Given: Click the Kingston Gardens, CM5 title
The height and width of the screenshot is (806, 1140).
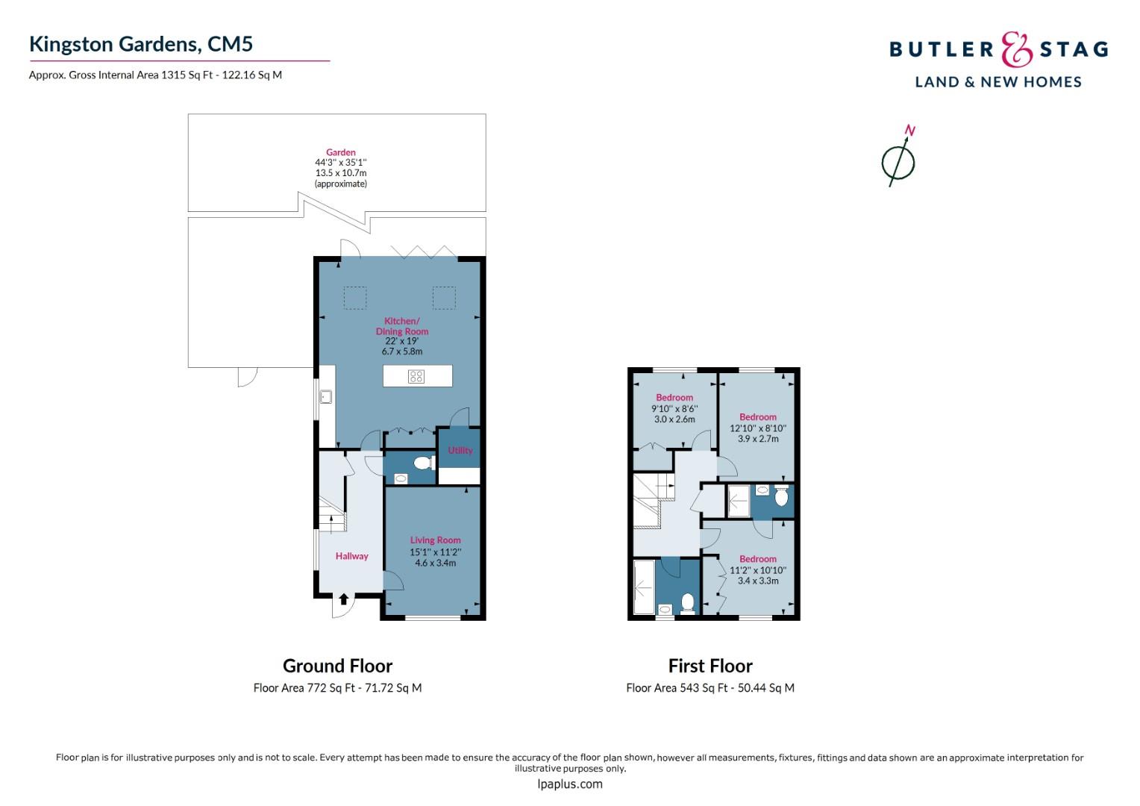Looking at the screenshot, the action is [x=141, y=44].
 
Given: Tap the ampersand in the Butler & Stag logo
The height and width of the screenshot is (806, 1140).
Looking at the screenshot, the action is [x=1016, y=49].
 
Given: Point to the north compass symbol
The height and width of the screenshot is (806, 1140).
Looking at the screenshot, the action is [x=899, y=157].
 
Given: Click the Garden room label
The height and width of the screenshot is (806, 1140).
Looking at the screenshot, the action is [x=341, y=152].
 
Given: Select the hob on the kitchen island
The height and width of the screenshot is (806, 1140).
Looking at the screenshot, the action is [x=416, y=376].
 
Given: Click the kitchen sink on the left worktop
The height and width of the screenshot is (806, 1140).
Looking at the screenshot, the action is [x=326, y=396].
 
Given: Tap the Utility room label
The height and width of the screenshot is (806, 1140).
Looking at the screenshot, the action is [x=460, y=450].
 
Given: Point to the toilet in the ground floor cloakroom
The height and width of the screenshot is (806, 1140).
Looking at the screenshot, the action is [x=424, y=463].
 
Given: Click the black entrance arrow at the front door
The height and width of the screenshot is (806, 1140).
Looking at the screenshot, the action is [x=343, y=599].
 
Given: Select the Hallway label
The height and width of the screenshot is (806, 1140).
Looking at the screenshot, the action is [x=351, y=556].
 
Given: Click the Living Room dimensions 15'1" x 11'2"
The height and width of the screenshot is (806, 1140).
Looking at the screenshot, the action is [x=436, y=552].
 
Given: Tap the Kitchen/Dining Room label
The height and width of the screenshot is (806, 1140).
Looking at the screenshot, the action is [x=402, y=326].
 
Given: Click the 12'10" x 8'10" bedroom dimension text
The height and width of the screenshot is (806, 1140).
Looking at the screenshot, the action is [x=758, y=428].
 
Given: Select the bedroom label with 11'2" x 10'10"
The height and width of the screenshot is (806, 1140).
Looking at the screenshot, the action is [x=758, y=558].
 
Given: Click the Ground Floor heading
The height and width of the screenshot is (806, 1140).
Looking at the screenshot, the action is [x=337, y=666].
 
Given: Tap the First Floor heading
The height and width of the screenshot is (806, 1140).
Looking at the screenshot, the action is [x=710, y=666].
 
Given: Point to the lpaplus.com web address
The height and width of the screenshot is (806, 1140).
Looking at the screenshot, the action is [x=569, y=784].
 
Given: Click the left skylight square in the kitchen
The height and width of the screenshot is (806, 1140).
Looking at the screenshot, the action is [x=355, y=298].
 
